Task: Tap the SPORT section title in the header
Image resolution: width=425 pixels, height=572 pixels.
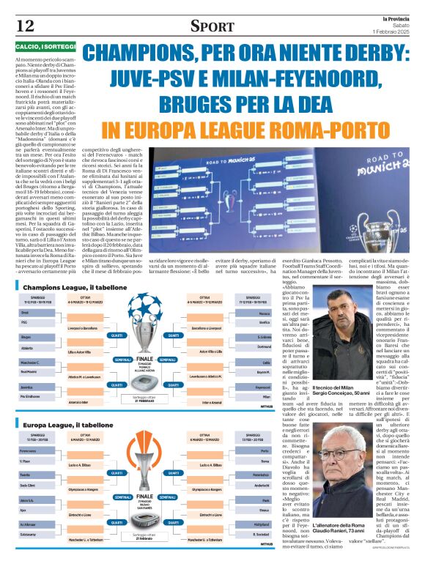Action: point(212,26)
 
